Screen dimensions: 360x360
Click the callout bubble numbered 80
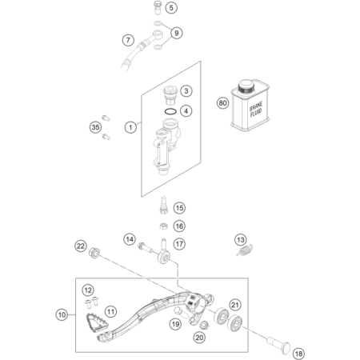click(223, 103)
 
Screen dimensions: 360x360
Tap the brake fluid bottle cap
click(246, 86)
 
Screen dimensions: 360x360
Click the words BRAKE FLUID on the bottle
click(256, 109)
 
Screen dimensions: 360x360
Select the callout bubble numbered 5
click(171, 7)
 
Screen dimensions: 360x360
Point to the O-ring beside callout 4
click(170, 111)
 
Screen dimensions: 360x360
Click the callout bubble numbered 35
click(95, 127)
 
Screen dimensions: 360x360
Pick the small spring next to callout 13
click(245, 251)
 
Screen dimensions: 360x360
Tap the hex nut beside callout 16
click(163, 226)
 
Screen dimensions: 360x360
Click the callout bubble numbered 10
click(62, 315)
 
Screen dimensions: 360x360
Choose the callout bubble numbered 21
click(235, 305)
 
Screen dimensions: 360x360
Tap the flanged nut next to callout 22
click(94, 253)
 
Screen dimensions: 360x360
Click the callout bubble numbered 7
click(128, 40)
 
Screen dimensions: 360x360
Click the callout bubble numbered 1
click(130, 127)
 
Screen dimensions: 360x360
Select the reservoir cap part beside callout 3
click(170, 95)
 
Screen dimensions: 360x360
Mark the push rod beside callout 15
click(163, 205)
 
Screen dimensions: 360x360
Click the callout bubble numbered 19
click(175, 324)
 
